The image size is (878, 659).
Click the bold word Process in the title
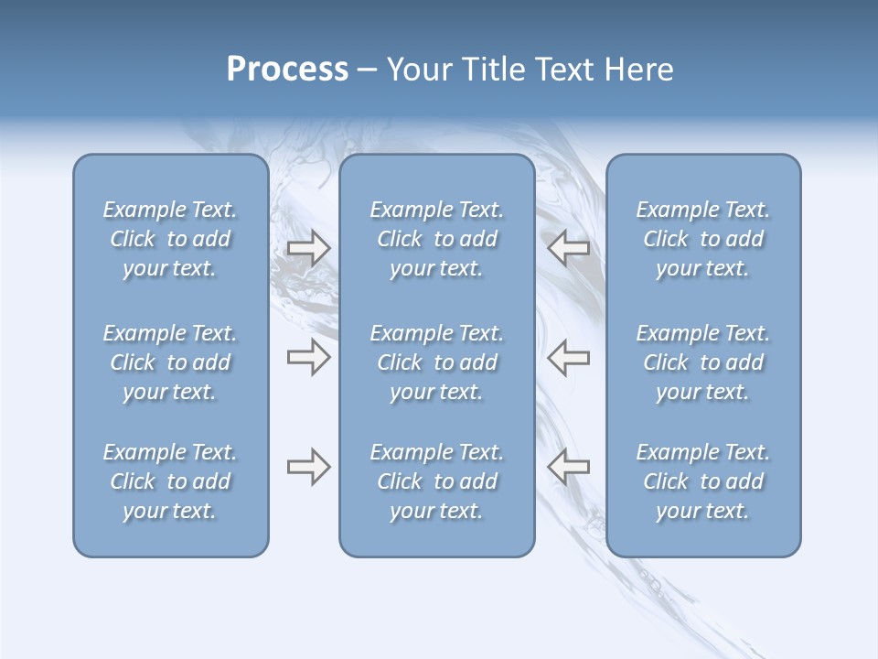(287, 70)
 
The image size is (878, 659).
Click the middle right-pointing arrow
(308, 357)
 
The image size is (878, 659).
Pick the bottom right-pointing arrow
(308, 467)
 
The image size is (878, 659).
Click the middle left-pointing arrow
(568, 357)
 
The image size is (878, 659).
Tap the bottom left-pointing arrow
(568, 467)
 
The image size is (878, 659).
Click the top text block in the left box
(170, 239)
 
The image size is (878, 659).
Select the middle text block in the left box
(170, 362)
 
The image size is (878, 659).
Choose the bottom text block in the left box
(170, 481)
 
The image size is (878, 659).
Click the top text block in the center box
(437, 239)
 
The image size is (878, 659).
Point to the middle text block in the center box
(437, 362)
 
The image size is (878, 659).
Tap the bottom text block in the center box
(437, 481)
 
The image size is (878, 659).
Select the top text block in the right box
(703, 239)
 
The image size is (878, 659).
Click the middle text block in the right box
(703, 362)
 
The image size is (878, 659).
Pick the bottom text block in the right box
(703, 481)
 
